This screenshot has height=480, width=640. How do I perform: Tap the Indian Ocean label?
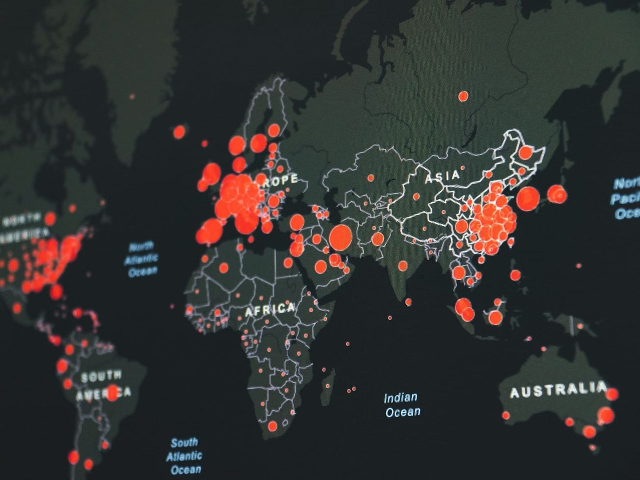pos(401,404)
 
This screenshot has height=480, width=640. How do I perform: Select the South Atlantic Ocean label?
pos(184,456)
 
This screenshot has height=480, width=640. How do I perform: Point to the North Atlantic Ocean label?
pos(141,259)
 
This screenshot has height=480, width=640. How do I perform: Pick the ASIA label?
pos(442,176)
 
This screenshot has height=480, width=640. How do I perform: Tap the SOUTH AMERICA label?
pos(103,384)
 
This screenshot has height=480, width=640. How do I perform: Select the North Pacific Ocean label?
pos(626,198)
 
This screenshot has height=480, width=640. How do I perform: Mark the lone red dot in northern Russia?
pos(463,96)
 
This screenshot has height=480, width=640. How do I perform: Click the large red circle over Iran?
pos(341,237)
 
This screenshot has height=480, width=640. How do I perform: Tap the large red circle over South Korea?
pos(528,198)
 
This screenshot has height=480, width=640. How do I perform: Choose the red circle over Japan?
pos(557,194)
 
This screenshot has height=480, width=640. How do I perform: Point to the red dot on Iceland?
pos(180,132)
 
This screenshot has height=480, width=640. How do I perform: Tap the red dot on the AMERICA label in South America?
pos(112,392)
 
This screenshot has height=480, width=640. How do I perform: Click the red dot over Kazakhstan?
pos(371,178)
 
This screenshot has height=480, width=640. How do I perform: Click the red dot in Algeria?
pos(224,267)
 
